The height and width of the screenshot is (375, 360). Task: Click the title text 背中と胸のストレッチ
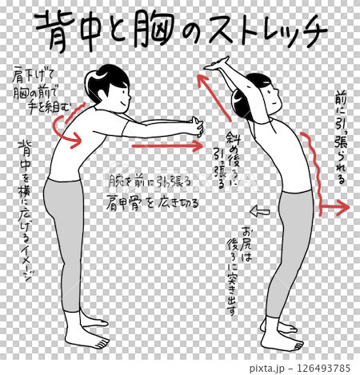[181, 32]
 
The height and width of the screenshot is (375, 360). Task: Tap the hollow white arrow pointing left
[260, 212]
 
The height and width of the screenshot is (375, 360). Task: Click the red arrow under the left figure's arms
[166, 146]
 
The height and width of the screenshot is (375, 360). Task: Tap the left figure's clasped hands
[195, 126]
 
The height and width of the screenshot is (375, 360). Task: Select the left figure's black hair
[106, 78]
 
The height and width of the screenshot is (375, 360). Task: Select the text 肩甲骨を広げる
[154, 203]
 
